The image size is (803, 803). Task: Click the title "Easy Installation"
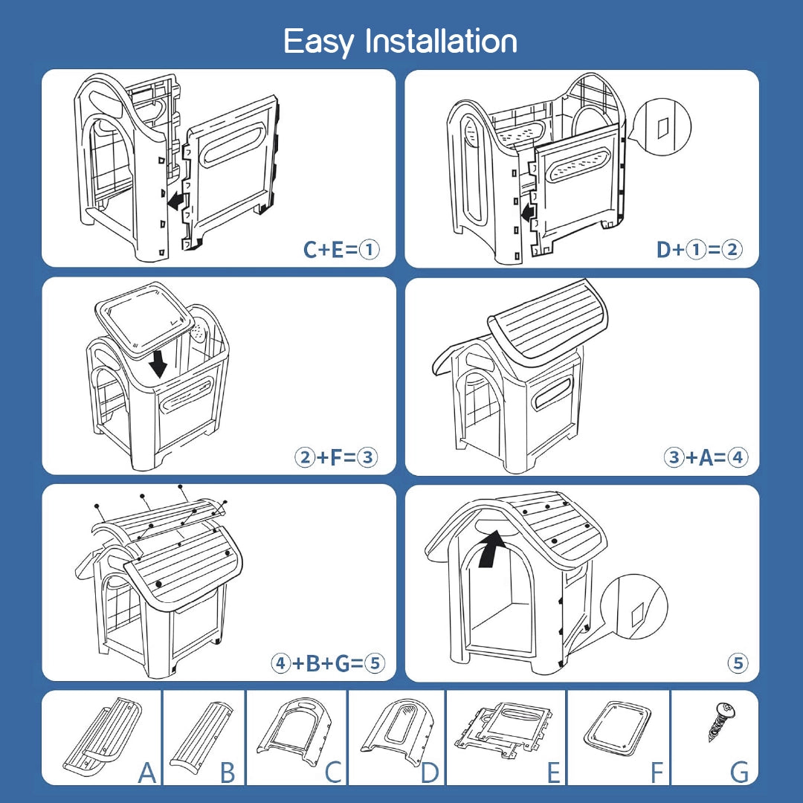tap(401, 42)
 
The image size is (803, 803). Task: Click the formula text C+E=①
tap(341, 250)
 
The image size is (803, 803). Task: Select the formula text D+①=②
tap(699, 250)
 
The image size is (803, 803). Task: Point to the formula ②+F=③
tap(335, 457)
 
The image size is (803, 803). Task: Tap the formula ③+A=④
tap(705, 457)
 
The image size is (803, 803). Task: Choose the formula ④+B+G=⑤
tap(328, 662)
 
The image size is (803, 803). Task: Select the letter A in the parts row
tap(148, 773)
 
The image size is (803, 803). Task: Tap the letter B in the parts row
tap(228, 773)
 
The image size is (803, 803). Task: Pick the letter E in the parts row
tap(554, 773)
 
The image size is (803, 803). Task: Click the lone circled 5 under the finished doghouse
tap(738, 663)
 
